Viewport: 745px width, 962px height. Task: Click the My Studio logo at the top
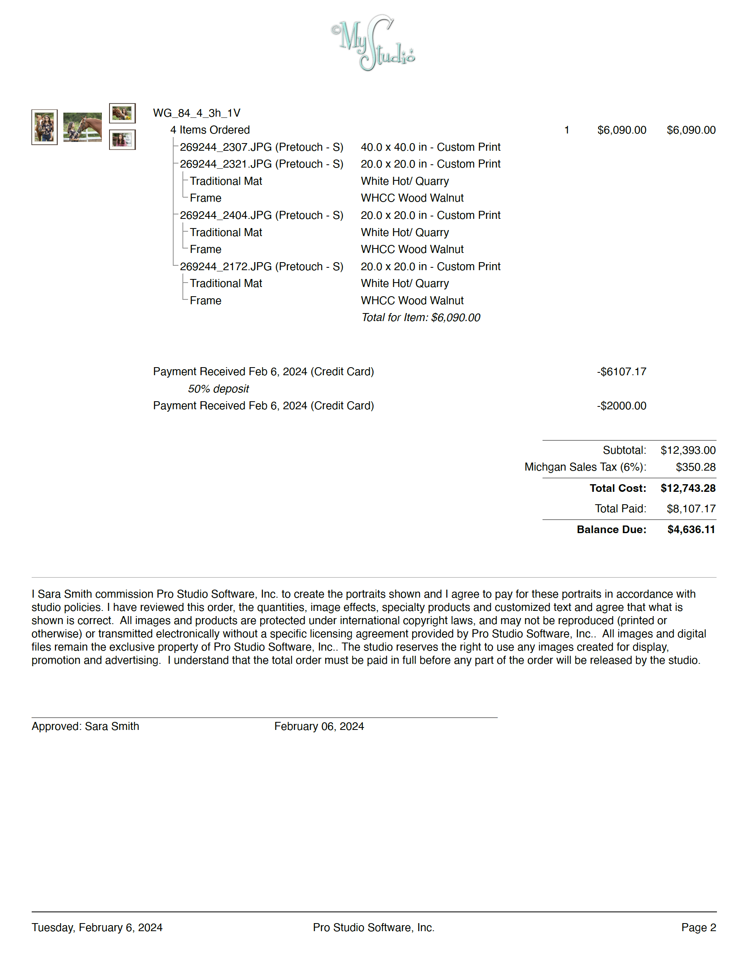coord(373,43)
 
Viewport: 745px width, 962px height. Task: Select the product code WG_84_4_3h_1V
coord(196,113)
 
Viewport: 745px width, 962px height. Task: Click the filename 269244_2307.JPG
coord(226,147)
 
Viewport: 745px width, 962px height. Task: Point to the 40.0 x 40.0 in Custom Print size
coord(430,147)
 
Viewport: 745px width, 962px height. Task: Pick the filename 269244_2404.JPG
coord(226,215)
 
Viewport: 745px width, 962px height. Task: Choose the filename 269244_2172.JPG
coord(226,267)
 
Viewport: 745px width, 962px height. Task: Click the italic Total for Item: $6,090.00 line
coord(420,317)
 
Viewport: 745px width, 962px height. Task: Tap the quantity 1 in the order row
coord(567,130)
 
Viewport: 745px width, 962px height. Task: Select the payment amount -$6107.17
coord(621,372)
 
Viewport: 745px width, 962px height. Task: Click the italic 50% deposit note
coord(218,389)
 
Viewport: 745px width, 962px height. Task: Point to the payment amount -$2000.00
coord(621,406)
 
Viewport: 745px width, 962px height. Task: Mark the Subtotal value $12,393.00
coord(688,450)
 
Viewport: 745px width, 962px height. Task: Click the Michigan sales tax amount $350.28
coord(695,467)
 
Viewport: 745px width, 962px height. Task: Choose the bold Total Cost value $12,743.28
coord(688,488)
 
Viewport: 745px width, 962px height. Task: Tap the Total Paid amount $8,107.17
coord(691,509)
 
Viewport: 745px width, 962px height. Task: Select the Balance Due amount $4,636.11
coord(691,530)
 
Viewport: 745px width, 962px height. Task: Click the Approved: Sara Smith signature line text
coord(85,726)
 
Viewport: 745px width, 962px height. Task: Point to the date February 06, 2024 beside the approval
coord(319,726)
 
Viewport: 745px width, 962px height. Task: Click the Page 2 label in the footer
coord(698,927)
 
